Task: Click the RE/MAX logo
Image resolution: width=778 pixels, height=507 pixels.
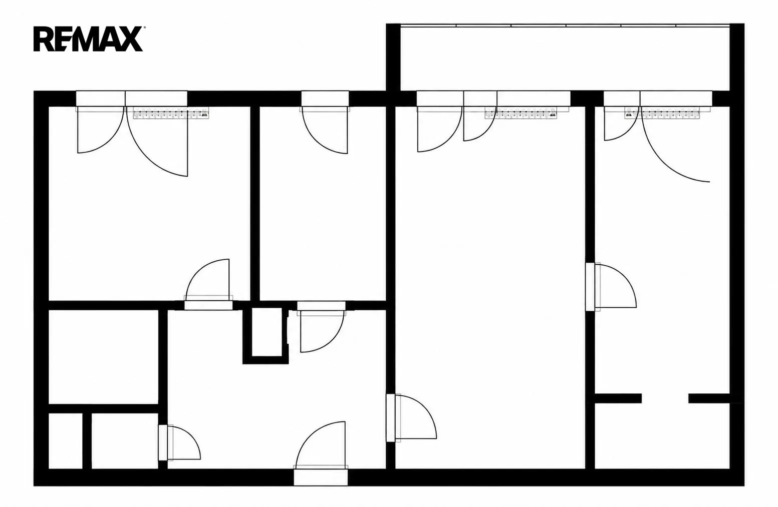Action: click(x=88, y=39)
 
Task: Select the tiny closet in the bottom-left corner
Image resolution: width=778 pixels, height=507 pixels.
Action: click(x=65, y=441)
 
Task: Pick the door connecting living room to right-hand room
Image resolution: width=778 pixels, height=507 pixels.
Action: click(x=611, y=286)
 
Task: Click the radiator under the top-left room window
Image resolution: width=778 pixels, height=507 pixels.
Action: click(x=171, y=113)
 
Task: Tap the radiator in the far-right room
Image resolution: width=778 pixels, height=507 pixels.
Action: click(x=662, y=113)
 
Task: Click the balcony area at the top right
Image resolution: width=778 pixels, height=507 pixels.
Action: click(x=565, y=58)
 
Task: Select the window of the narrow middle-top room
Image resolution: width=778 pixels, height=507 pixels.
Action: click(x=325, y=99)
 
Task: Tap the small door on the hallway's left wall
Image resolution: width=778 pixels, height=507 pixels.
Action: click(x=179, y=443)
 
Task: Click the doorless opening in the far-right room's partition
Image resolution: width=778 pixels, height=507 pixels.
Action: click(x=665, y=398)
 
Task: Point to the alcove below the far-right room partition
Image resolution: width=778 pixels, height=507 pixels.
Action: click(x=662, y=436)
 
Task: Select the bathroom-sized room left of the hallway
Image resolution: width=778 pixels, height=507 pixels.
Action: click(x=104, y=357)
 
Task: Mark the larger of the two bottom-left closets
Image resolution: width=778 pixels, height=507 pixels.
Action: click(x=125, y=441)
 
